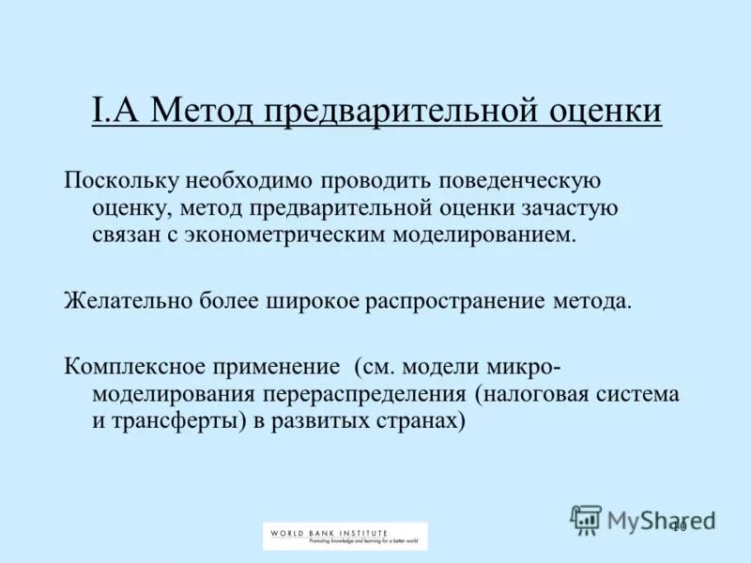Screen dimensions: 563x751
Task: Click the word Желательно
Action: click(x=127, y=301)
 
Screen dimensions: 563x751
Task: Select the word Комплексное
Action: click(x=132, y=367)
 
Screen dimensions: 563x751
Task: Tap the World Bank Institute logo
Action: click(x=345, y=536)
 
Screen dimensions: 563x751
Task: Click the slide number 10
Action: click(x=680, y=525)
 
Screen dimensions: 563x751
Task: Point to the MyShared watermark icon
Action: click(x=586, y=519)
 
